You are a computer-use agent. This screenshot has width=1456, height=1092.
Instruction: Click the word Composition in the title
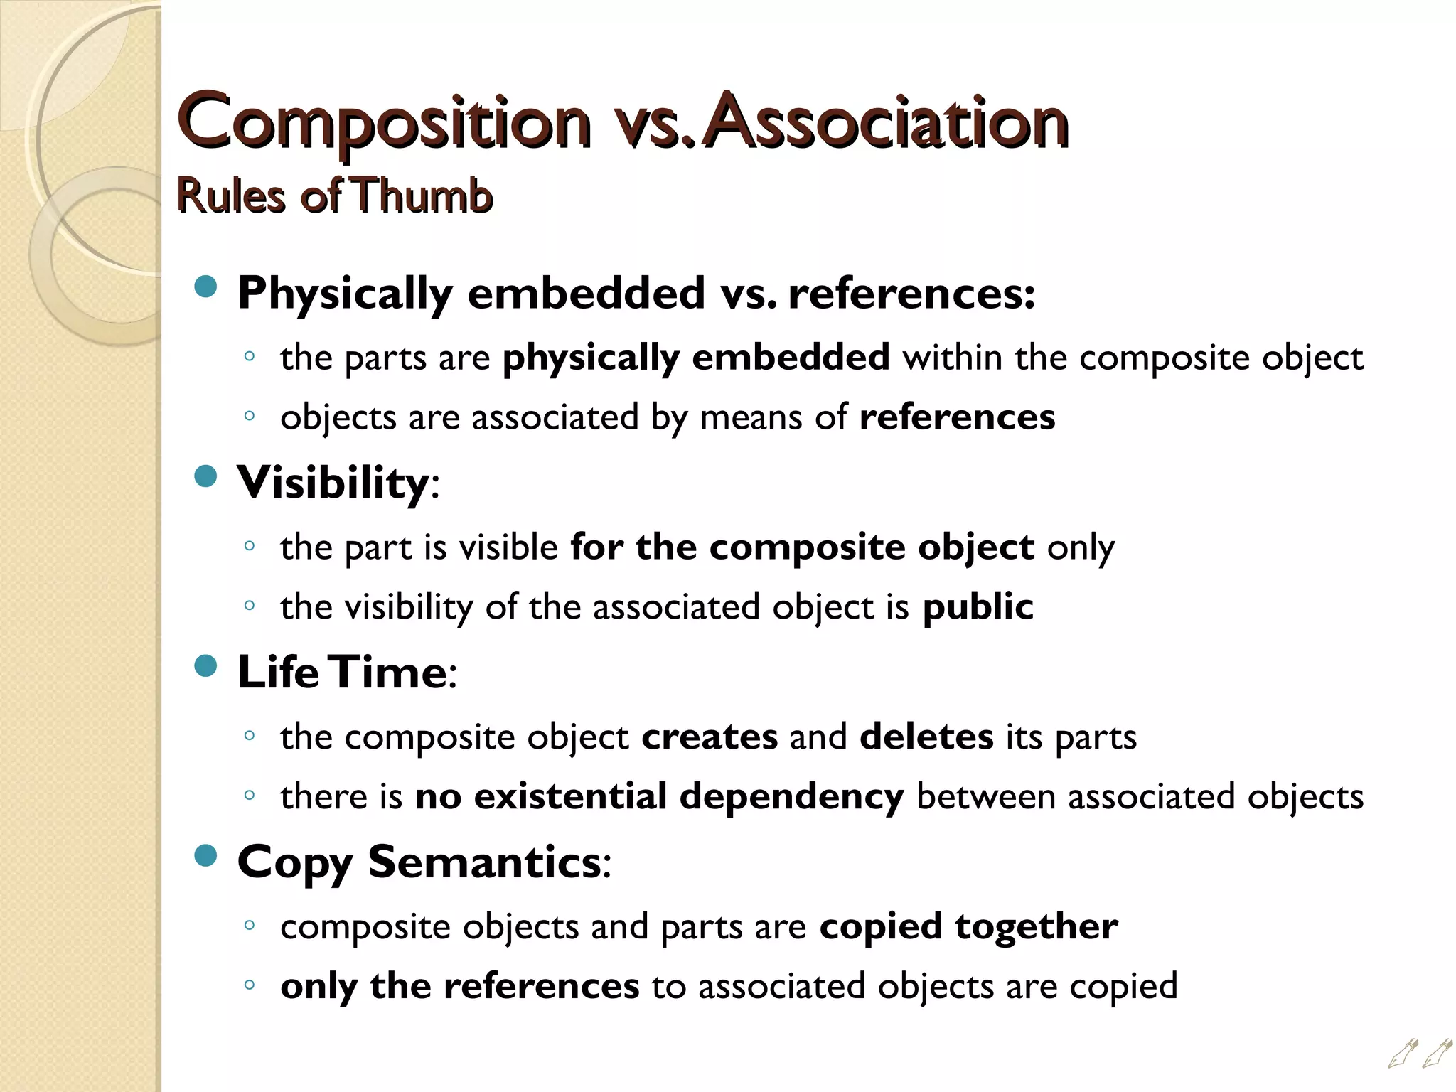(x=384, y=122)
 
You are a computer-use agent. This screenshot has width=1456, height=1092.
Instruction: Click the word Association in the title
(x=884, y=122)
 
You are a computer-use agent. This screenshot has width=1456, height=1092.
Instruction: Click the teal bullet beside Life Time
(x=205, y=666)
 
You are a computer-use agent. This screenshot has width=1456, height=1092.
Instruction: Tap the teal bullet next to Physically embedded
(x=205, y=287)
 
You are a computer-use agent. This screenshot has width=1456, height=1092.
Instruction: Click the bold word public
(x=978, y=607)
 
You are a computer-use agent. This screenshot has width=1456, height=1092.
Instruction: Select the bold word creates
(x=710, y=737)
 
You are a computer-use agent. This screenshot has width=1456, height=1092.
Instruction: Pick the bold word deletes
(x=926, y=737)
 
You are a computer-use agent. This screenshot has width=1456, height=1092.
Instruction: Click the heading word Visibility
(x=332, y=483)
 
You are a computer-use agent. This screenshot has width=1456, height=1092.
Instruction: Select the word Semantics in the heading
(x=484, y=862)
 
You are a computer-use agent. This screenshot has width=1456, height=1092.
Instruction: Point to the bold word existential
(x=570, y=796)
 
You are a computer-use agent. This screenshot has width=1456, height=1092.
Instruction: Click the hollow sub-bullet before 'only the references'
(x=248, y=985)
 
